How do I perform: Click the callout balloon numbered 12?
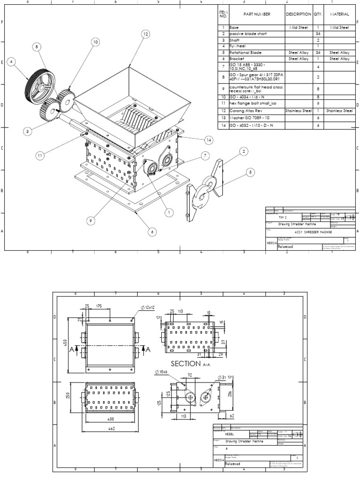pos(145,34)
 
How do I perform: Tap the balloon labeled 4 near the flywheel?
pos(11,61)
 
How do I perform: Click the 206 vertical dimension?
pos(230,395)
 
